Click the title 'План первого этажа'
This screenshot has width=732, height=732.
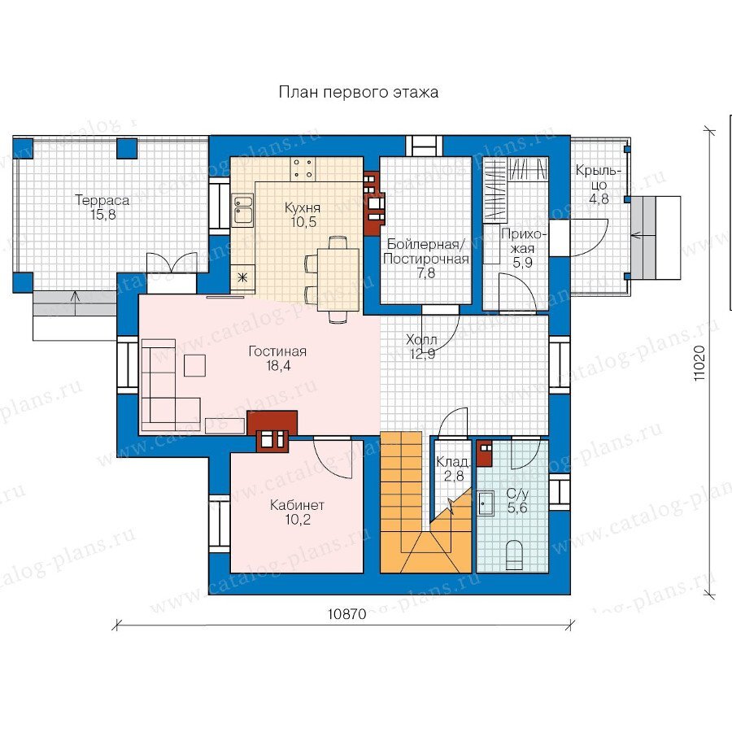tap(359, 92)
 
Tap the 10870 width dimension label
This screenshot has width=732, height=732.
tap(346, 614)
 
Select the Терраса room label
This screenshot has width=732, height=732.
tap(102, 207)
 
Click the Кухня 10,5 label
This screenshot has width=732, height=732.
tap(303, 215)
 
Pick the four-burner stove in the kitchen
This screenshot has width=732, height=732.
tap(303, 168)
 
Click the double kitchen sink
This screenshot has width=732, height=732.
tap(243, 210)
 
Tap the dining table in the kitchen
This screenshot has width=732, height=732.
tap(338, 280)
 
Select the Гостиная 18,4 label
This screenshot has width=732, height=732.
tap(278, 358)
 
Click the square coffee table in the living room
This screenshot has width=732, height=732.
tap(194, 365)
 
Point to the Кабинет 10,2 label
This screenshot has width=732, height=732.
tap(298, 512)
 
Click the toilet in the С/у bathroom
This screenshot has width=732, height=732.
tap(515, 556)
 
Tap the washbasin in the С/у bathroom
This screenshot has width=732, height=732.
tap(486, 503)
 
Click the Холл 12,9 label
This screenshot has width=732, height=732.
tap(422, 346)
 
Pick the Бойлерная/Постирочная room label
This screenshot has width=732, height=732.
tap(425, 259)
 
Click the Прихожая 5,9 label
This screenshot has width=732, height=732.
tap(522, 248)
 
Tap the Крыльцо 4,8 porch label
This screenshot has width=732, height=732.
tap(598, 185)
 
